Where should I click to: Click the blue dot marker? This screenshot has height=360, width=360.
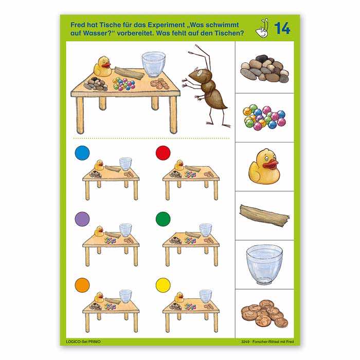[82, 153]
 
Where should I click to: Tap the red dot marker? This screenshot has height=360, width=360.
[163, 153]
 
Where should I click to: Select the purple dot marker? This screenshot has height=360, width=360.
[82, 219]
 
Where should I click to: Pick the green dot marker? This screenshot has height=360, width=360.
[163, 219]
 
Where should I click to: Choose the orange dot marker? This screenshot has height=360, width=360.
[82, 285]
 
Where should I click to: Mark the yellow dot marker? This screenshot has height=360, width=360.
[163, 285]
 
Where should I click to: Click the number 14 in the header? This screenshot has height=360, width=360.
[282, 28]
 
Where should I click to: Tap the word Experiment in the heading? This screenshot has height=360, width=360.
[166, 25]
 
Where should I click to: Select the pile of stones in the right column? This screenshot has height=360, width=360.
[264, 68]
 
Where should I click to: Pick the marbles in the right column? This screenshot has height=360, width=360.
[264, 117]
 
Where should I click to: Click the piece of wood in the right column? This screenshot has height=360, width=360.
[264, 215]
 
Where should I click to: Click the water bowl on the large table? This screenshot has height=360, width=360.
[154, 64]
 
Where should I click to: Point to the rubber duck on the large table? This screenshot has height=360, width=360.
[103, 66]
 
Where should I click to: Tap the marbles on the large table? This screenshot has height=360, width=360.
[124, 84]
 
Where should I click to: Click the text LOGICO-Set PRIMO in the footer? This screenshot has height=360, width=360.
[83, 341]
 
